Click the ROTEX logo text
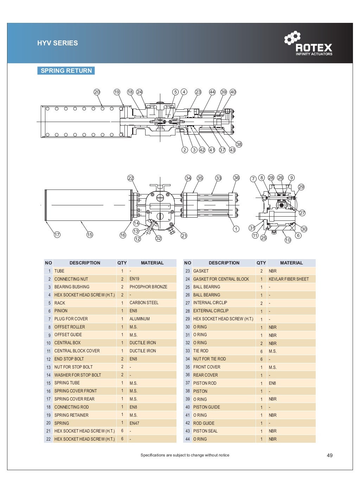[313, 47]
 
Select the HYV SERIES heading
[58, 43]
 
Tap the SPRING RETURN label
[66, 71]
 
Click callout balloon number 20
[97, 92]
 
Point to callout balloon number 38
[239, 144]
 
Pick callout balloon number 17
[57, 235]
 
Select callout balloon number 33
[219, 178]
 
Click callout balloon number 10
[288, 240]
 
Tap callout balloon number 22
[131, 178]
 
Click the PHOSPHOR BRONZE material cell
[148, 287]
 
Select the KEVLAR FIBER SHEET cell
[289, 279]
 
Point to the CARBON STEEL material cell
[144, 303]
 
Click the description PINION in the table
[61, 311]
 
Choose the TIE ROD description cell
[201, 351]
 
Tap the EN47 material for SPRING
[134, 423]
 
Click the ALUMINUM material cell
[140, 319]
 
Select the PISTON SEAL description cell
[205, 431]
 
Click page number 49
[329, 455]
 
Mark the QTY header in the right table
[261, 263]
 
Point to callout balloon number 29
[301, 187]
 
